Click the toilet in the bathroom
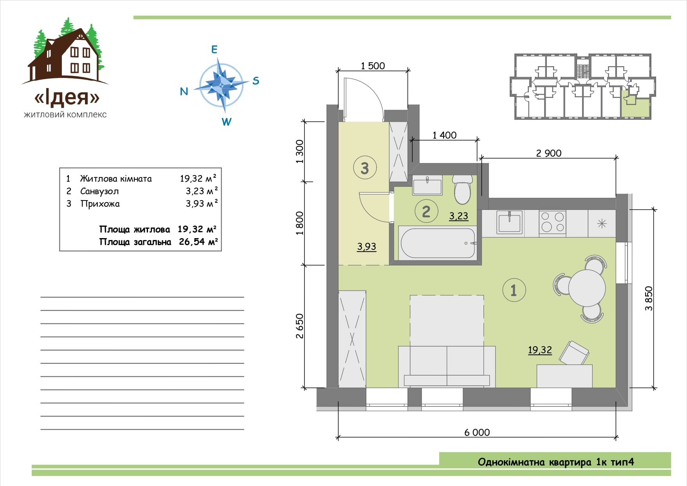click(x=462, y=189)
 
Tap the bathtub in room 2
click(x=438, y=243)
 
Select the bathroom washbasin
click(x=427, y=185)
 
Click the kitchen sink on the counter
click(x=510, y=222)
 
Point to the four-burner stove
click(x=552, y=222)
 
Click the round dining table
click(x=587, y=288)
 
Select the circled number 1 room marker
click(x=514, y=290)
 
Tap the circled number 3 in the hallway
click(x=365, y=168)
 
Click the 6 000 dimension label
click(x=477, y=432)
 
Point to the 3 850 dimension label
click(x=649, y=298)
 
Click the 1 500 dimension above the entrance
click(x=373, y=66)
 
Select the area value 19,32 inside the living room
click(x=540, y=350)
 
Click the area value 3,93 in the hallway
click(x=366, y=246)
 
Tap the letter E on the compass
click(x=214, y=49)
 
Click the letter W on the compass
click(x=226, y=122)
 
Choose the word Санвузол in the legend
click(x=99, y=191)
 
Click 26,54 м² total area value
click(x=198, y=242)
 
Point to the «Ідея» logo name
click(x=67, y=97)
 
